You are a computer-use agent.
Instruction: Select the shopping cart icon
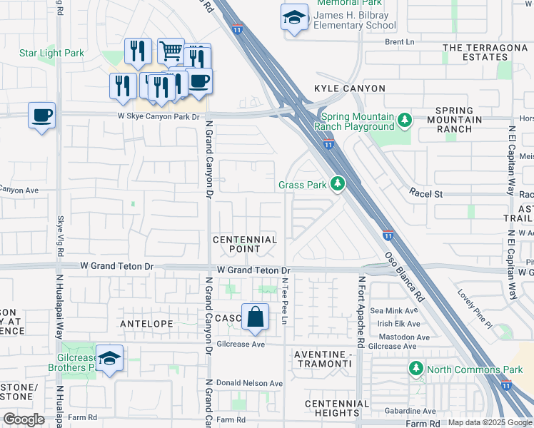coord(171,51)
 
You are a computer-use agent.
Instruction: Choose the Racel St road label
coord(426,193)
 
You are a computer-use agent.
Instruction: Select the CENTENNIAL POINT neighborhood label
coord(244,244)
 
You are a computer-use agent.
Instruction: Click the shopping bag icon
coord(255,317)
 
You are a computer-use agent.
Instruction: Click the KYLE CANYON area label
coord(350,88)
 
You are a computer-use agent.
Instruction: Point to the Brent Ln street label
coord(399,42)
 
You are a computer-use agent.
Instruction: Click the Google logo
coord(24,419)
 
